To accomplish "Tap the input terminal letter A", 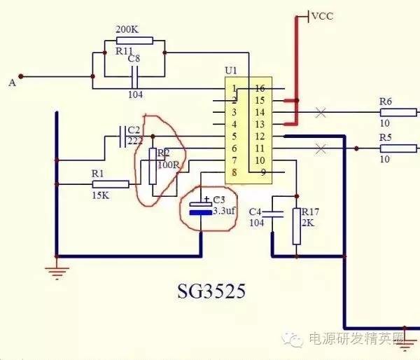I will click(x=12, y=83).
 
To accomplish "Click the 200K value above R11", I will click(x=127, y=29).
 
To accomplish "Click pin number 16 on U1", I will click(x=259, y=88).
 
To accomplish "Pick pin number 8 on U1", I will click(x=234, y=172).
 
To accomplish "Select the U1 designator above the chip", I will click(x=230, y=71).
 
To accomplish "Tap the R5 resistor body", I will click(x=396, y=148).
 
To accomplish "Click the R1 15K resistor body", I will click(x=111, y=184).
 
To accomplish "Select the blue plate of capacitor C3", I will click(x=200, y=211).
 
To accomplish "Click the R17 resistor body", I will click(x=296, y=226).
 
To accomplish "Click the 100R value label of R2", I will click(x=168, y=164).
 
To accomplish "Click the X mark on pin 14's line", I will click(x=321, y=112).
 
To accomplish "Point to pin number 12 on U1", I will click(x=259, y=136).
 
